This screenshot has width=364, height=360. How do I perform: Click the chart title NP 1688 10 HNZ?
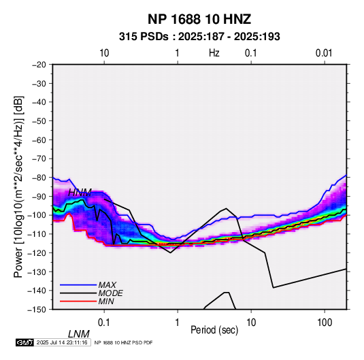click(199, 19)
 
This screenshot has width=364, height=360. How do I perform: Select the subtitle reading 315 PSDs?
click(144, 37)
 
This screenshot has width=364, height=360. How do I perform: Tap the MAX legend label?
click(107, 284)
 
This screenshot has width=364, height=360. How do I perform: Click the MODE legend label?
click(110, 293)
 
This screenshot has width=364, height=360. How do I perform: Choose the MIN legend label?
click(106, 301)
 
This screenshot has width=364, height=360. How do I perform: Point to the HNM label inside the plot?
click(80, 193)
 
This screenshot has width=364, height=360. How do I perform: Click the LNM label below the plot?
click(79, 334)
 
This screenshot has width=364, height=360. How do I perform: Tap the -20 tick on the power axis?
click(39, 65)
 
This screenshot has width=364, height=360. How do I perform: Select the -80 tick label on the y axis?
click(39, 178)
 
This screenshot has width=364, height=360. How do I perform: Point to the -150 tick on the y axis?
click(37, 310)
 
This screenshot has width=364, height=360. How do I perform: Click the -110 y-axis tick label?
click(37, 234)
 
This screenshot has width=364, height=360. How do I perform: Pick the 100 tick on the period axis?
click(325, 323)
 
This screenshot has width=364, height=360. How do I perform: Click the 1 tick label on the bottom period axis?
click(177, 323)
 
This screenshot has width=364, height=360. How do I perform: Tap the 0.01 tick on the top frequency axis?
click(324, 53)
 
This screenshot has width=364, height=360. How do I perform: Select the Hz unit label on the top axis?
click(214, 53)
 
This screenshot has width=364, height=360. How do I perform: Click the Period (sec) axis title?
click(214, 330)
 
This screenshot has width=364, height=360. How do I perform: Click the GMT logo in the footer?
click(25, 342)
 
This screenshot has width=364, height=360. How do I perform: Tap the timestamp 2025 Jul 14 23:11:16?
click(62, 342)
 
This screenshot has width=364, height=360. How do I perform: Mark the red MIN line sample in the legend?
click(78, 301)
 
